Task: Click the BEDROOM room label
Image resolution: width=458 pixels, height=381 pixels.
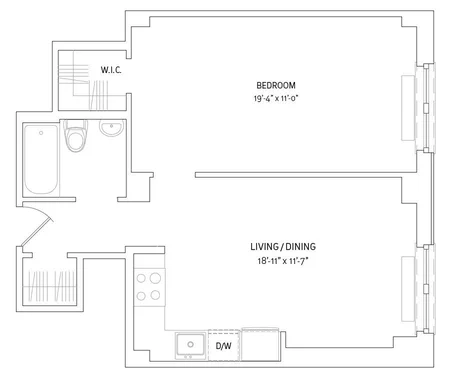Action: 276,85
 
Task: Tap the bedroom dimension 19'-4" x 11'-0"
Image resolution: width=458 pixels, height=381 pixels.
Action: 275,99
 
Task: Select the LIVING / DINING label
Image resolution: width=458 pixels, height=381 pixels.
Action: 283,247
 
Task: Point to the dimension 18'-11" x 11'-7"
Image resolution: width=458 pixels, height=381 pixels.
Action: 283,261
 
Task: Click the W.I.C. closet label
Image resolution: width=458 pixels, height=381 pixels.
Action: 111,70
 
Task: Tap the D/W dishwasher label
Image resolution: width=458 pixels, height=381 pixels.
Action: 223,346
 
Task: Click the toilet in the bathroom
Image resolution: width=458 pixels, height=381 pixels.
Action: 76,136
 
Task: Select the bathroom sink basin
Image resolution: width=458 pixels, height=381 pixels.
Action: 112,128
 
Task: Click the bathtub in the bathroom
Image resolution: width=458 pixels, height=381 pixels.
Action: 41,159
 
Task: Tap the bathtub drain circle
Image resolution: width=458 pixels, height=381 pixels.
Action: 41,133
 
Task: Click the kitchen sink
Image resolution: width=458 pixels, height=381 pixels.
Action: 191,346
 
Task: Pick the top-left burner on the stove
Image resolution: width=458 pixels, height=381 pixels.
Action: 141,278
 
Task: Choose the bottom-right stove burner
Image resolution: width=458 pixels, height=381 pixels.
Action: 155,295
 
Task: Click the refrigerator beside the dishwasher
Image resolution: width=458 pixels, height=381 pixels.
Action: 260,345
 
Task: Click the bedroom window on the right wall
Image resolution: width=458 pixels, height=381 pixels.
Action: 425,107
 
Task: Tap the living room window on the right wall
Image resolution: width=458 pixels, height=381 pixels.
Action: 425,289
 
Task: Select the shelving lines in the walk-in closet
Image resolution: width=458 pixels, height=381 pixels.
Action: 74,73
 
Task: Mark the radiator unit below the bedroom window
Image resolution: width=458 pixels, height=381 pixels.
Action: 408,108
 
